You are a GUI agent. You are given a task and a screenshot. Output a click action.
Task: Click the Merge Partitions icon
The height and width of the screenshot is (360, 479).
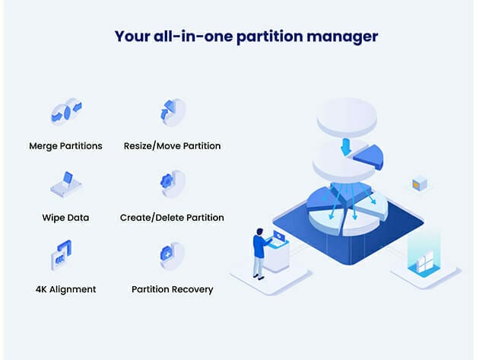(65, 113)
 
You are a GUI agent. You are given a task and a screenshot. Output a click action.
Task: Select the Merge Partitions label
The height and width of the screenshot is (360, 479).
(65, 145)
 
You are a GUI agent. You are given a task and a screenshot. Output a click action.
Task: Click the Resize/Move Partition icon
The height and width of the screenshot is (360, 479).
(172, 113)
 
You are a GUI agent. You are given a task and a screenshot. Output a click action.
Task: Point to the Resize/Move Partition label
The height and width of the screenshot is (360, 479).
(172, 145)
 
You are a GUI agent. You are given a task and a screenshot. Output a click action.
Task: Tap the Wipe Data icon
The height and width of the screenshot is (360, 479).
(65, 183)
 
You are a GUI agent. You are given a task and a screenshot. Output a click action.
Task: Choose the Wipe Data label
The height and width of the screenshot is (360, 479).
(65, 218)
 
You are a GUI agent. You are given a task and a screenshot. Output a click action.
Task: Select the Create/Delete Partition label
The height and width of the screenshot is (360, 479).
(172, 218)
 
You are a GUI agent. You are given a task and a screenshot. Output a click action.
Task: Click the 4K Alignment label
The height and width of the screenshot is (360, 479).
(65, 289)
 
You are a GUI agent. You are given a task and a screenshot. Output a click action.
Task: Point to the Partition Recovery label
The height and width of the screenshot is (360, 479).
(172, 289)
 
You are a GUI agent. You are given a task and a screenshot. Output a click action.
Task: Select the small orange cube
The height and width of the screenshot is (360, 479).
(419, 183)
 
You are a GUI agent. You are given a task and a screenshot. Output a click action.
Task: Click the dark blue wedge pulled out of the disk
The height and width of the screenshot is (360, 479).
(367, 158)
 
